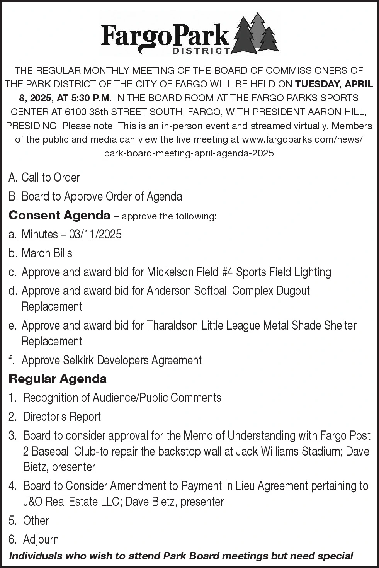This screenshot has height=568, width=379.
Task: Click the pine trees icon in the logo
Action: [x=256, y=34]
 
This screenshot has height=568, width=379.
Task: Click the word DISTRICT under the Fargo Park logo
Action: [x=201, y=51]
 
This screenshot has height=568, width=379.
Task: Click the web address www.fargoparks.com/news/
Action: [x=302, y=139]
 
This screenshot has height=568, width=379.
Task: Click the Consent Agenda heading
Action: [x=59, y=215]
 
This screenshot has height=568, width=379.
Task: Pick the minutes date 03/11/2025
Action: [x=95, y=234]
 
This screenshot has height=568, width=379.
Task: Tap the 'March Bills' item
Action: [x=47, y=253]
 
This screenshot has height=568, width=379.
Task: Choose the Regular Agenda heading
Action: [x=58, y=379]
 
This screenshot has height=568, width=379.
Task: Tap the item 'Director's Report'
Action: [x=62, y=417]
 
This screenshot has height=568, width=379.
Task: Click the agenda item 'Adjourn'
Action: [x=41, y=539]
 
